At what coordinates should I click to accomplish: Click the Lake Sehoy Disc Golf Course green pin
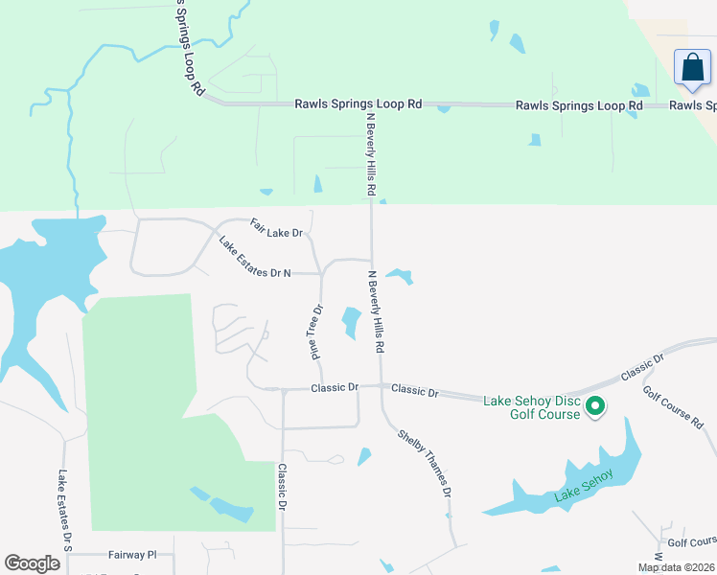coord(595,406)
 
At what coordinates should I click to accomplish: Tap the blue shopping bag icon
coord(691,68)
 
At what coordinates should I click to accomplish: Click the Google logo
coord(32,563)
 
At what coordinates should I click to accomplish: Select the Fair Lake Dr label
coord(276,227)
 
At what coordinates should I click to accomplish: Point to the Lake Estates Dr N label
coord(255,258)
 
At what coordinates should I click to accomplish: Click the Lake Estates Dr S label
coord(65,510)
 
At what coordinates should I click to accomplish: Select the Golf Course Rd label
coord(673,408)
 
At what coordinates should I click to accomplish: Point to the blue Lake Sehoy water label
coord(582,494)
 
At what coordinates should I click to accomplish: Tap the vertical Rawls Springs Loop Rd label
coord(188,48)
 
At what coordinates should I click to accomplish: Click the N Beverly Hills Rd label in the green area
coord(370,153)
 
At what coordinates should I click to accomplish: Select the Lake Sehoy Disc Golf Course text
coord(532,407)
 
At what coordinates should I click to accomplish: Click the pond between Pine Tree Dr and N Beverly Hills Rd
coord(351,322)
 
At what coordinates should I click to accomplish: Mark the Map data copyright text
coord(676,567)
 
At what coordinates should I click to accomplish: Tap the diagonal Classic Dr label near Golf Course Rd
coord(642,370)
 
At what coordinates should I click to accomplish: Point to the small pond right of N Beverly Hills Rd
coord(401,276)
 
